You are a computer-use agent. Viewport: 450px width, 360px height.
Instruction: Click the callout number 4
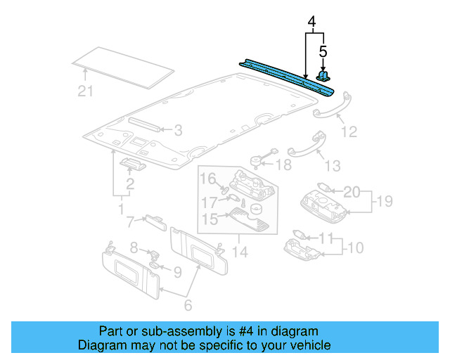click(311, 22)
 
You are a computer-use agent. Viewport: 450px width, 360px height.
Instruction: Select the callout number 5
click(323, 51)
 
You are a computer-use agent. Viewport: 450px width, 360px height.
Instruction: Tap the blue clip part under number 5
click(324, 75)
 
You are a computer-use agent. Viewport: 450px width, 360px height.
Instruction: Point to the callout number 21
click(84, 90)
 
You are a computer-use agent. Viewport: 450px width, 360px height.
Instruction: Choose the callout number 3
click(178, 130)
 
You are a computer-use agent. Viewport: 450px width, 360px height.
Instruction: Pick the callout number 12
click(349, 131)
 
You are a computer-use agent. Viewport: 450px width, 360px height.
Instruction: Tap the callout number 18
click(283, 165)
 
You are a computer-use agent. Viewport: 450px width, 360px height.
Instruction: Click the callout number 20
click(351, 191)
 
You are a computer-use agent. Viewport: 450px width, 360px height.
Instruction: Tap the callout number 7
click(130, 223)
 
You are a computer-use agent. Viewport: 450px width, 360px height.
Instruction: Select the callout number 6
click(188, 307)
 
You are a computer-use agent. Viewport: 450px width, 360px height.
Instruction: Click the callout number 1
click(120, 210)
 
